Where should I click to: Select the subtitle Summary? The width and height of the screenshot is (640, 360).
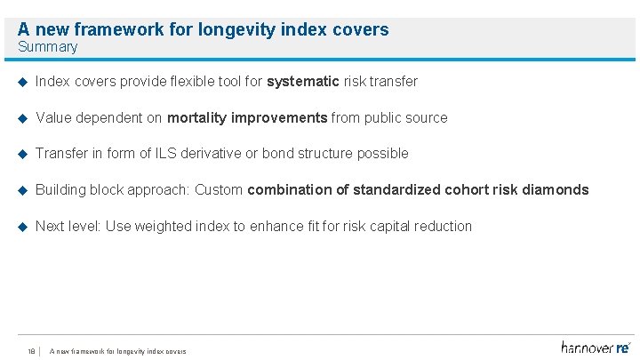click(x=47, y=47)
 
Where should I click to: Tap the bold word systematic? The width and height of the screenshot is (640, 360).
click(x=303, y=82)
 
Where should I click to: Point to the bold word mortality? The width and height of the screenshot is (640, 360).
click(x=198, y=118)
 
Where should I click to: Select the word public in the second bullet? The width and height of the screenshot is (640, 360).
click(x=383, y=118)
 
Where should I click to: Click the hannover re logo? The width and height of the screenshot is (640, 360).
click(x=596, y=347)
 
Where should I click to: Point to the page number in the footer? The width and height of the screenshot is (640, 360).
click(x=31, y=351)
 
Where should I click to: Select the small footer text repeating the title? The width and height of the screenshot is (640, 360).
click(x=118, y=351)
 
